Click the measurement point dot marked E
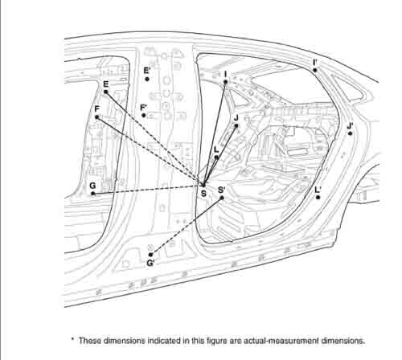coord(106,92)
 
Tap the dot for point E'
coord(147,79)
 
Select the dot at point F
coord(97,117)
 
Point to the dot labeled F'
coord(144,116)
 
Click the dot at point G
coord(93,194)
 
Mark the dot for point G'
coord(150,255)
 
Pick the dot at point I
coord(226,82)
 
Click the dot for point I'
coord(315,70)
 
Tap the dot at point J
coord(236,125)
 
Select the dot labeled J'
coord(351,133)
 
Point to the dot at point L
coord(216,157)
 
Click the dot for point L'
coord(318,198)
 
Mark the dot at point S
coord(203,185)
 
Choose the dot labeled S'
coord(222,198)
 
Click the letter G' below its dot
coord(150,264)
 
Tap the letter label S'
coord(222,190)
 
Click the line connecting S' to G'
coord(187,227)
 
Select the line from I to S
coord(215,133)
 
